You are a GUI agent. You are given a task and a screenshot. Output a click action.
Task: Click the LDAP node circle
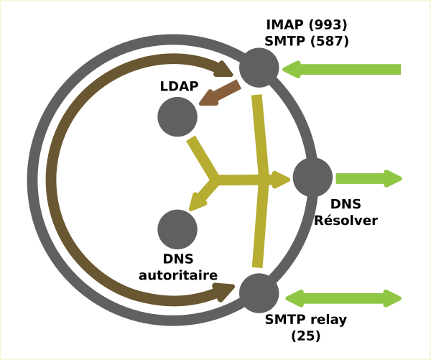tap(177, 116)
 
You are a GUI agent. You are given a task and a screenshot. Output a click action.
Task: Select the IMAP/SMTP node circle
tap(259, 68)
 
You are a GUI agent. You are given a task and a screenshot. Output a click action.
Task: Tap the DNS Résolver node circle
tap(312, 177)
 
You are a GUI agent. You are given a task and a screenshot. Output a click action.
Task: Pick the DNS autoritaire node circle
tap(177, 229)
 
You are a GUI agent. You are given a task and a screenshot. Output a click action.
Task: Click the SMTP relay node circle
tap(259, 292)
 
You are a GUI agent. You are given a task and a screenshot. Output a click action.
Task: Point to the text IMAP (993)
tap(307, 25)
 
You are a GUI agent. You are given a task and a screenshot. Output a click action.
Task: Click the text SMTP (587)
tap(307, 42)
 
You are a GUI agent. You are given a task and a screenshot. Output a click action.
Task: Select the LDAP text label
tap(179, 86)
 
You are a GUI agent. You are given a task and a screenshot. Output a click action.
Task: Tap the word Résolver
tap(346, 221)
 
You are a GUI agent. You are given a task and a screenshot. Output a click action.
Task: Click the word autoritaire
tap(178, 275)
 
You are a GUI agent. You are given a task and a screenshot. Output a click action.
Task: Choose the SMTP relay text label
tap(306, 320)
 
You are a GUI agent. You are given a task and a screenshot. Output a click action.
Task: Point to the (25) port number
tap(306, 336)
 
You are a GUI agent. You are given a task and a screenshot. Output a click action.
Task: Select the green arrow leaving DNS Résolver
tap(368, 178)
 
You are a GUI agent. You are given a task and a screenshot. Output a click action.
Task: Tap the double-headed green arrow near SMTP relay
tap(343, 297)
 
